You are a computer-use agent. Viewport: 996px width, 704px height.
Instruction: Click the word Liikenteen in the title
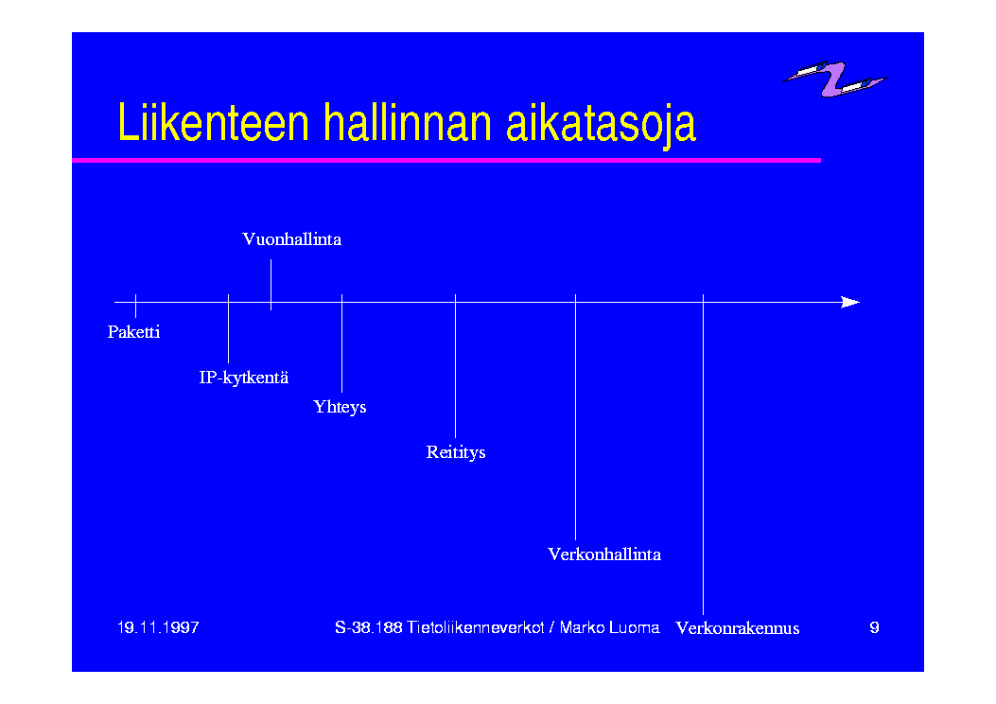pos(214,122)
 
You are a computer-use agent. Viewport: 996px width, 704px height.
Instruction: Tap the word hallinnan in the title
pos(408,122)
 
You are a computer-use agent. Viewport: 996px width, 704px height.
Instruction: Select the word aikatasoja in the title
pos(601,125)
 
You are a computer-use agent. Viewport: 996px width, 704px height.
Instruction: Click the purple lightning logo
pos(835,79)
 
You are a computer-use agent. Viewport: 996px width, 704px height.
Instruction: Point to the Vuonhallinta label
pos(291,239)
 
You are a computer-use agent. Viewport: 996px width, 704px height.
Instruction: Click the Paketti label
pos(133,332)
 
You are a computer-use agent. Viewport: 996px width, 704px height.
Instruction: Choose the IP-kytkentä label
pos(243,378)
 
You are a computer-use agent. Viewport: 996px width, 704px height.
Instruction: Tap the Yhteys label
pos(340,407)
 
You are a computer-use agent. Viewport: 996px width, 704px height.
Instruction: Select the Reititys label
pos(456,452)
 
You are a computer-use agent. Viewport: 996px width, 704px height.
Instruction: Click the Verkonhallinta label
pos(604,554)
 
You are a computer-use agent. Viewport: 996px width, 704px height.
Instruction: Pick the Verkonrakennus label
pos(738,627)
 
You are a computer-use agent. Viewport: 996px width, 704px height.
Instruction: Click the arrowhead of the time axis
pos(850,303)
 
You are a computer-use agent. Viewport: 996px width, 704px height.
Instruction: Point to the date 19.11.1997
pos(158,627)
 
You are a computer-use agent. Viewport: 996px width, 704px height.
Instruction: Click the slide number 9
pos(874,627)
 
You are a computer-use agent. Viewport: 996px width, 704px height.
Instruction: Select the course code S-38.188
pos(369,627)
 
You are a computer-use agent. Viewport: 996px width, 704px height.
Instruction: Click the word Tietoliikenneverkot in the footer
pos(475,627)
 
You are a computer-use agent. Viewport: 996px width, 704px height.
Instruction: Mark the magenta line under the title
pos(446,160)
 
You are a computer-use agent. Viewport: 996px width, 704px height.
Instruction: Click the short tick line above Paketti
pos(136,306)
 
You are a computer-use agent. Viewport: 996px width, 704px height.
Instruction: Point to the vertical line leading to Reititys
pos(456,366)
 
